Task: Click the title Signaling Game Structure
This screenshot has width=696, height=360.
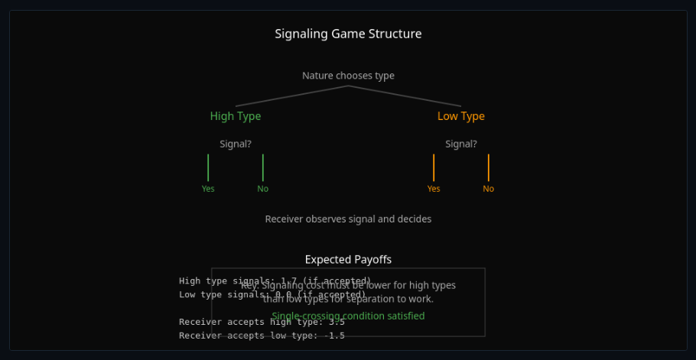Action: point(348,34)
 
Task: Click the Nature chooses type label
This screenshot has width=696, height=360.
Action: point(348,76)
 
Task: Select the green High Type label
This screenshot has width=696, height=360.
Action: point(236,116)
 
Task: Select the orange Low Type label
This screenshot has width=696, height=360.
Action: point(461,116)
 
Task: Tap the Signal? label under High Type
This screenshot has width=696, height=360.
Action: point(236,144)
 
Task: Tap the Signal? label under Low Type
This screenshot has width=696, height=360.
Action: point(461,144)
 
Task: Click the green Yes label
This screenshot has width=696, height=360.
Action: point(208,189)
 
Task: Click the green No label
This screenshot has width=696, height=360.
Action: point(263,189)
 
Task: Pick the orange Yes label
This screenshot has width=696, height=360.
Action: point(434,189)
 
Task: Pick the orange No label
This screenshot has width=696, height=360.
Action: point(489,189)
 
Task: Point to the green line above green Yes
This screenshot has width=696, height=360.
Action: point(208,167)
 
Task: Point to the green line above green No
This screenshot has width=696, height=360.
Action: point(263,167)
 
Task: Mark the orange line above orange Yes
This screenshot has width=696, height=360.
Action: point(434,167)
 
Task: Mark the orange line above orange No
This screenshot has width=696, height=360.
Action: point(489,167)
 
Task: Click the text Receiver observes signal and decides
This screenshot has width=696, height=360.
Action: point(348,219)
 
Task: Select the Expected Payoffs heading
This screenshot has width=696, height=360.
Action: point(348,260)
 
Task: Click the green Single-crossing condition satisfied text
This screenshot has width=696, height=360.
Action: point(348,316)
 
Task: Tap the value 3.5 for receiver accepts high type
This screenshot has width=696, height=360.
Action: point(337,322)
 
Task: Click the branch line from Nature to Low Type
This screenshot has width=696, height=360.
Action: point(405,96)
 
